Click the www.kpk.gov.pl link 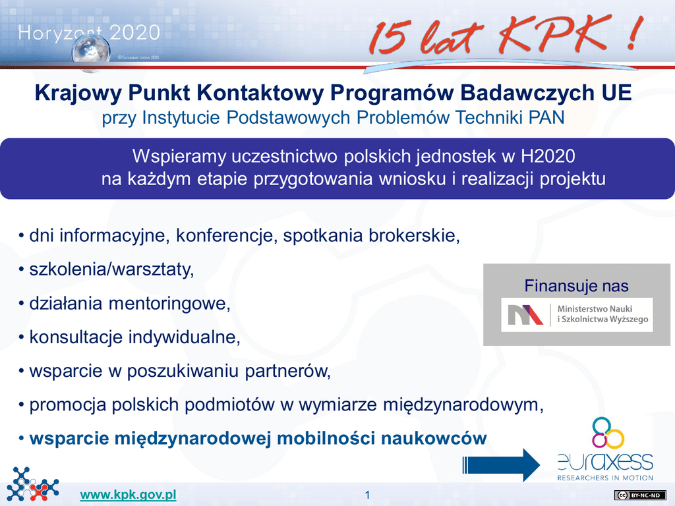[x=129, y=495]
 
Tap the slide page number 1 [x=367, y=495]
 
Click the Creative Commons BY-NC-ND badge [x=640, y=495]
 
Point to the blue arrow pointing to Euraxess [x=501, y=465]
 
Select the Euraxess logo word [x=605, y=462]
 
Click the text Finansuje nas [x=576, y=286]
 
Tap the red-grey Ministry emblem [x=525, y=314]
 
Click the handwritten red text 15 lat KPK [x=506, y=34]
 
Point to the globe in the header [x=91, y=52]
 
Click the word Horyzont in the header [x=60, y=33]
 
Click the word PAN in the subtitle [x=546, y=117]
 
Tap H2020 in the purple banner [x=548, y=156]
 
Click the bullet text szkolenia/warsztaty [x=111, y=269]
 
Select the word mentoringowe [x=169, y=304]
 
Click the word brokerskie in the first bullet [x=414, y=236]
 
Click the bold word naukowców [x=434, y=438]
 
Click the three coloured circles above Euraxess [x=607, y=434]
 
